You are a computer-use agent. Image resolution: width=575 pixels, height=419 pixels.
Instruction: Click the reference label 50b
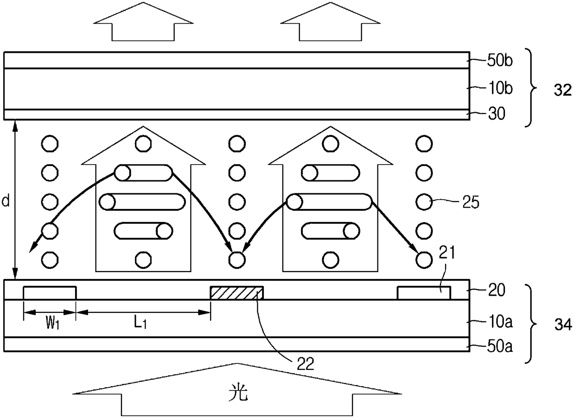[x=499, y=61]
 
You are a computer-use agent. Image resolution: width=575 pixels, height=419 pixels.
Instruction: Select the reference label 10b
[x=499, y=89]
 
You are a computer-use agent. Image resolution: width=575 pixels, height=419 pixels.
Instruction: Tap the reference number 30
[x=497, y=114]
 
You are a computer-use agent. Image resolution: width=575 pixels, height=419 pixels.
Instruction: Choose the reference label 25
[x=471, y=203]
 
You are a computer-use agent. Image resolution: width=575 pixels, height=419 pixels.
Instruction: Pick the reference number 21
[x=447, y=252]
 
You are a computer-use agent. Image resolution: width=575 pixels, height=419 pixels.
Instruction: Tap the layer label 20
[x=497, y=290]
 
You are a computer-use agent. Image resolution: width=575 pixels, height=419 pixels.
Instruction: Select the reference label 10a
[x=500, y=322]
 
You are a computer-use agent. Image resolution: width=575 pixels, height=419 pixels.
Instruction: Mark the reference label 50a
[x=499, y=346]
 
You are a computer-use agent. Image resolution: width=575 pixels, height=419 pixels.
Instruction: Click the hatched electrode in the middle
[x=236, y=293]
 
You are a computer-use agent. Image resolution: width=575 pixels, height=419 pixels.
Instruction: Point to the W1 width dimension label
[x=52, y=324]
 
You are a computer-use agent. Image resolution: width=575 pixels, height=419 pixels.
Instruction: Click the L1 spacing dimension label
[x=141, y=324]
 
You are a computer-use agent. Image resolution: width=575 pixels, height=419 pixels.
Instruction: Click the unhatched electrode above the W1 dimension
[x=50, y=293]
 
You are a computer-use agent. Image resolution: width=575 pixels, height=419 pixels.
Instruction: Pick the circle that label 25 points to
[x=424, y=202]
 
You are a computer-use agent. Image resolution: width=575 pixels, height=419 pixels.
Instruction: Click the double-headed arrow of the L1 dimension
[x=143, y=312]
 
